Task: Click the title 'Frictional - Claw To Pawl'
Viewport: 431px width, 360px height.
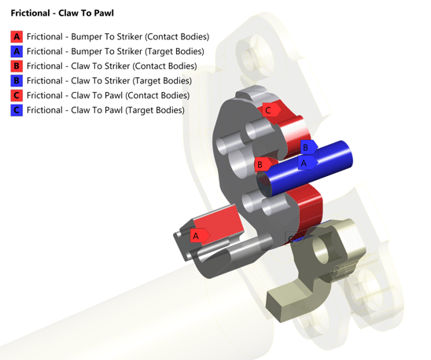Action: (x=62, y=13)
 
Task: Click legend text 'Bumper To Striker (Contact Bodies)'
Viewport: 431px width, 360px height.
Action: (x=117, y=37)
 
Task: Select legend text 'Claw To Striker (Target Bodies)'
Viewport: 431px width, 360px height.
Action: (x=109, y=81)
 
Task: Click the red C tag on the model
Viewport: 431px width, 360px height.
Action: (x=268, y=110)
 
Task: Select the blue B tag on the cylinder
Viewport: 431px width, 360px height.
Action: (x=306, y=147)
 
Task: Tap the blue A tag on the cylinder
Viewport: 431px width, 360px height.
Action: (x=304, y=163)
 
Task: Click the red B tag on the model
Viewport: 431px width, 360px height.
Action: (x=260, y=165)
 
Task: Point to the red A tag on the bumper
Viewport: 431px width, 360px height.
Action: (x=197, y=235)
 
